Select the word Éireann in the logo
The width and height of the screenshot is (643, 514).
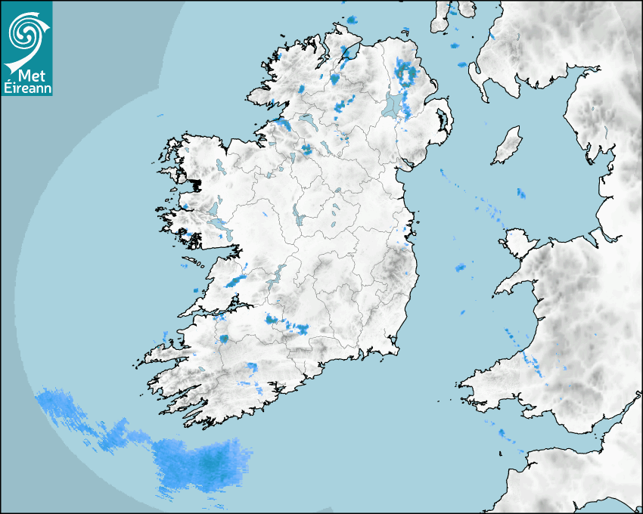coord(27,88)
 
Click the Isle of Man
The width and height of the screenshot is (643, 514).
coord(508,145)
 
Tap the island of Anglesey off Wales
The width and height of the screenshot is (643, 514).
coord(517,241)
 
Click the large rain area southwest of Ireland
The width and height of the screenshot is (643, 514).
coord(203,463)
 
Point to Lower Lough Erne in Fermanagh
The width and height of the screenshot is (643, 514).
coord(306,121)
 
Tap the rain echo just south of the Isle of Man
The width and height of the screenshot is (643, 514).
coord(520,193)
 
